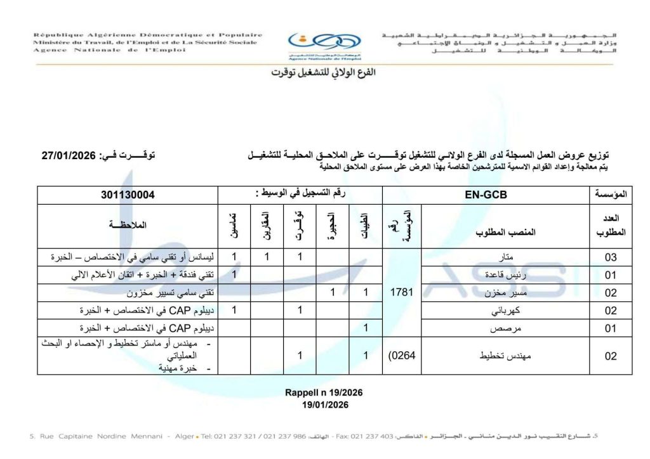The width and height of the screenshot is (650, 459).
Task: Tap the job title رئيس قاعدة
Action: click(x=506, y=275)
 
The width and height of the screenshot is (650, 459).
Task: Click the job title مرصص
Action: click(x=506, y=328)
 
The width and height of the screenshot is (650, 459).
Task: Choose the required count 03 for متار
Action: click(x=610, y=257)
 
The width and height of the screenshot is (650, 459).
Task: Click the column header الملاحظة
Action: click(x=128, y=225)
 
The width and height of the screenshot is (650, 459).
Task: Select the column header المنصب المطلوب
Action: click(x=506, y=232)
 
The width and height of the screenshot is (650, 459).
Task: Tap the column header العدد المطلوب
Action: click(x=611, y=225)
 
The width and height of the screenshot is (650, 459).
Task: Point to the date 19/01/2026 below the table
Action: click(x=324, y=404)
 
